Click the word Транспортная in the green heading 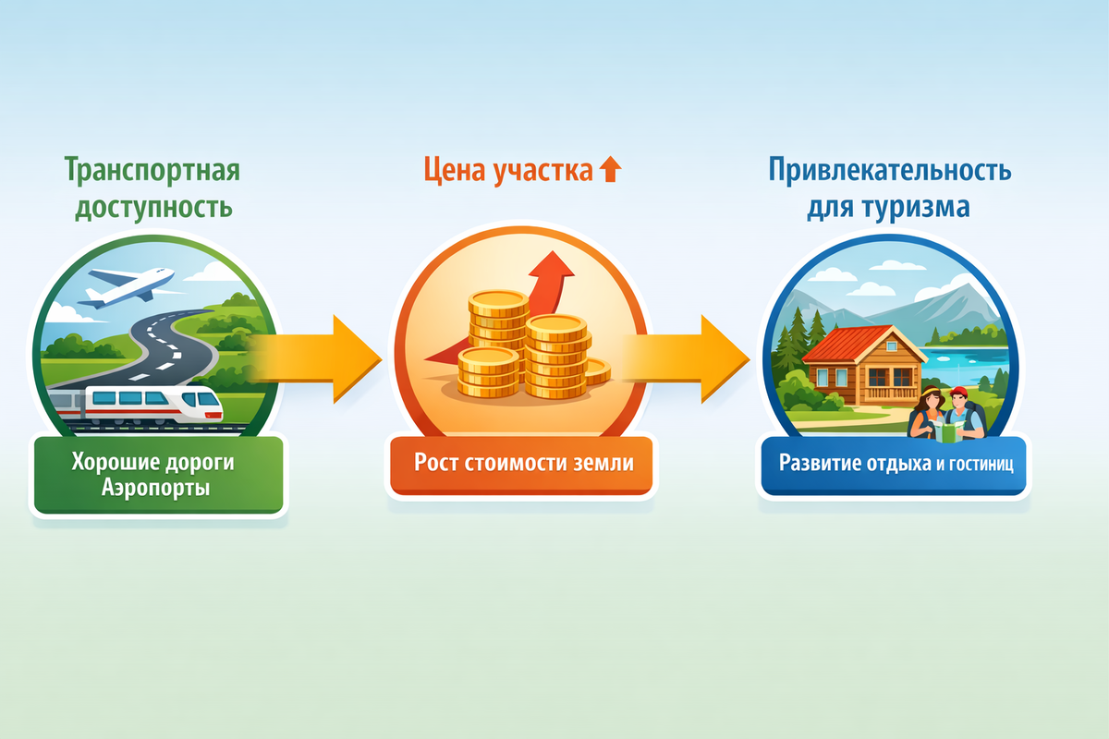(152, 171)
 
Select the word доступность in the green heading (152, 207)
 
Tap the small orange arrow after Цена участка (611, 170)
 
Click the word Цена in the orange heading (450, 171)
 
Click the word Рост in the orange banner (435, 462)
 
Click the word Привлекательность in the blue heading (889, 171)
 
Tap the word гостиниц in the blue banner (981, 464)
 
